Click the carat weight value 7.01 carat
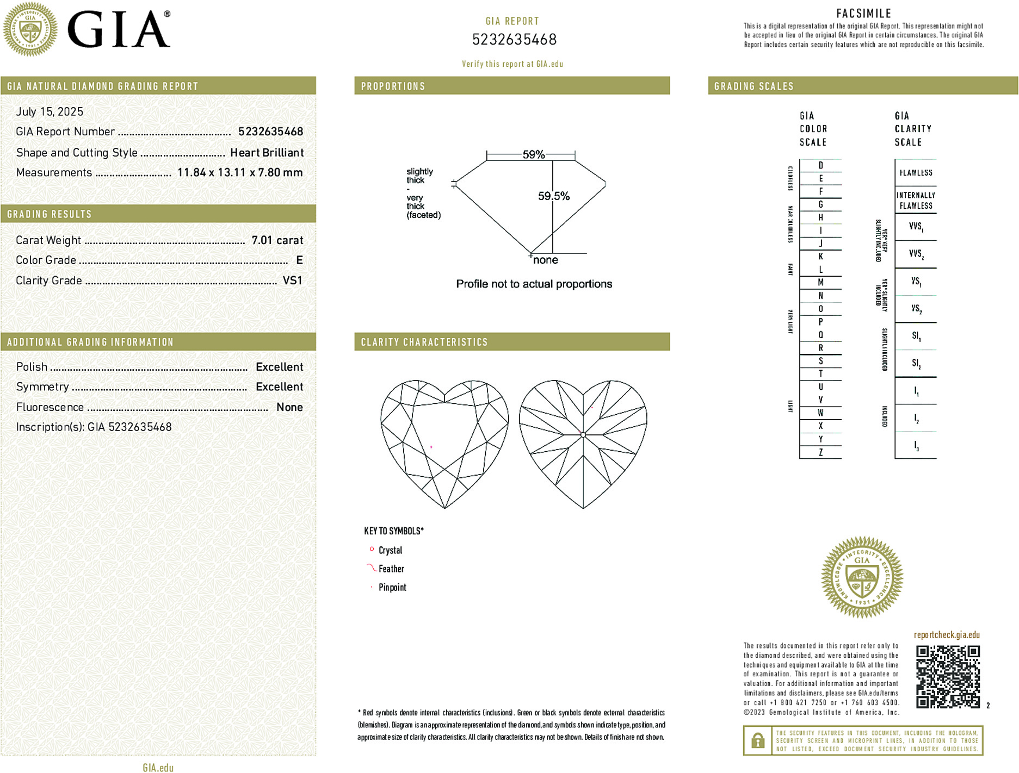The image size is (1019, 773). (277, 240)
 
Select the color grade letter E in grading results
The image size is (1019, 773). (299, 260)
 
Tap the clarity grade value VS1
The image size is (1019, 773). (292, 280)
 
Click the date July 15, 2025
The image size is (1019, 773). (50, 111)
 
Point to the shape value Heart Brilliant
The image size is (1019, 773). (267, 153)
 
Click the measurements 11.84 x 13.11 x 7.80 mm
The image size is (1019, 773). (240, 172)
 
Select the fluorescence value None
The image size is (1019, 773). (289, 407)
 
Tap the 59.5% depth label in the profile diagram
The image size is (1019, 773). (554, 196)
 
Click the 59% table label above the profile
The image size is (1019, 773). (533, 154)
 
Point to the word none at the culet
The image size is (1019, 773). (545, 260)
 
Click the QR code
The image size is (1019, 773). (948, 676)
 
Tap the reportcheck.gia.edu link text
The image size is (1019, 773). (947, 635)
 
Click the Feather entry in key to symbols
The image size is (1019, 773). (391, 569)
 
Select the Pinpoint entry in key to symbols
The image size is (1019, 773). (392, 587)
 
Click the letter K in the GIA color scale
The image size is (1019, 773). (820, 257)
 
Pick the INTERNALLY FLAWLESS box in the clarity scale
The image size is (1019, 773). (916, 200)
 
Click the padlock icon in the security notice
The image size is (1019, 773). (757, 740)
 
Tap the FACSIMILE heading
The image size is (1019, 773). (863, 14)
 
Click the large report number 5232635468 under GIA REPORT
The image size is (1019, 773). (514, 40)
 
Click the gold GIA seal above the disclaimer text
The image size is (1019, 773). (862, 577)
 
